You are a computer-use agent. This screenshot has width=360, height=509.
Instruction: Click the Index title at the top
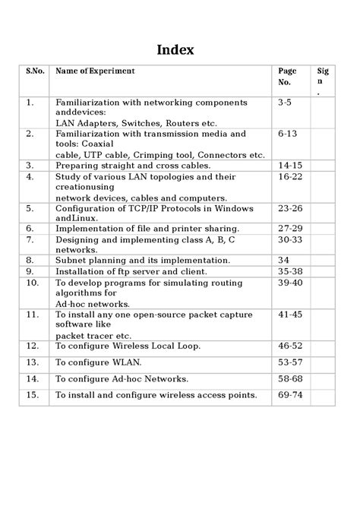(175, 50)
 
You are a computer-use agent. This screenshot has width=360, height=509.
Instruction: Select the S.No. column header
(35, 71)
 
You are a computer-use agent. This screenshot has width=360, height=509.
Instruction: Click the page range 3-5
(285, 101)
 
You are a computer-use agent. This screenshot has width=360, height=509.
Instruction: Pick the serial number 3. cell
(30, 164)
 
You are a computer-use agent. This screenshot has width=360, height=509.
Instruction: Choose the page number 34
(284, 258)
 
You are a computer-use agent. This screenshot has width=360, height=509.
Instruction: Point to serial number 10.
(32, 282)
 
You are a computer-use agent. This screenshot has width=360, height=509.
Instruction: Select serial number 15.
(32, 394)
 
